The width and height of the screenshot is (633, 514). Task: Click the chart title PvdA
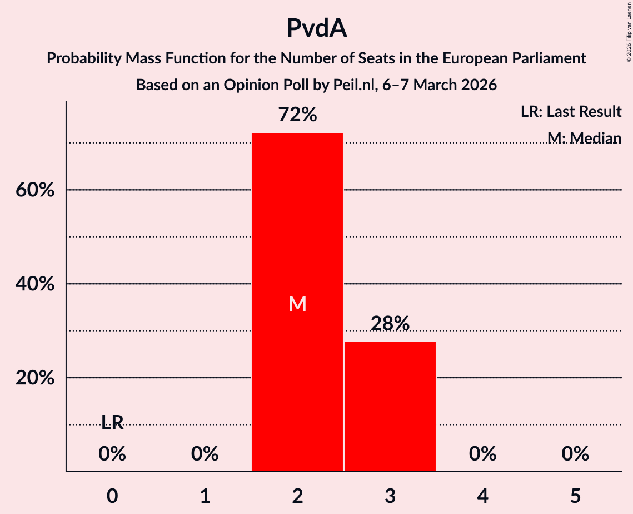tap(316, 28)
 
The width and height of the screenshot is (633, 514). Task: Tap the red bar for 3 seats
tap(390, 407)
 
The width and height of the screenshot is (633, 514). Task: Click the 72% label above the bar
tap(297, 115)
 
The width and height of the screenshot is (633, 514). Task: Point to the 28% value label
tap(390, 323)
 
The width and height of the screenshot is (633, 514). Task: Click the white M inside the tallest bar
tap(297, 304)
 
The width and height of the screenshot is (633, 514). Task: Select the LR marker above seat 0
tap(112, 423)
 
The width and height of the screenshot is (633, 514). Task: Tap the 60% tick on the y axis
tap(34, 190)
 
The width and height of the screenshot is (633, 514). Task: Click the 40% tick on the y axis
tap(34, 284)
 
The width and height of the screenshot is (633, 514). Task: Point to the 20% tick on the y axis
tap(34, 378)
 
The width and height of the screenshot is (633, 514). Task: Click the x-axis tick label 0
tap(112, 496)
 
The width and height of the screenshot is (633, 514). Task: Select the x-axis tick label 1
tap(205, 496)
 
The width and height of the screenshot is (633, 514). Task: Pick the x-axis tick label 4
tap(482, 496)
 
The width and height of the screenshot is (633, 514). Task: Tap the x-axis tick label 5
tap(575, 496)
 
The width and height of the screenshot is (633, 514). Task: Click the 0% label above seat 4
tap(482, 454)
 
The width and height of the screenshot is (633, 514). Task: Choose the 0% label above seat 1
tap(205, 454)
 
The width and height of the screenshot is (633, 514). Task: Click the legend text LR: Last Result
tap(571, 112)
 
